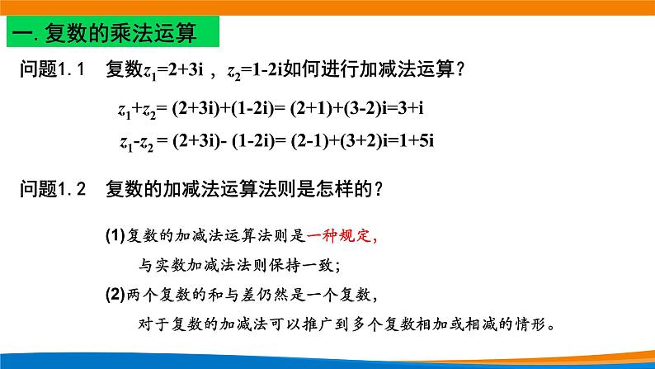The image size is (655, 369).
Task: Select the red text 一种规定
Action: (341, 238)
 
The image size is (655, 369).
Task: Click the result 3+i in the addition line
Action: (421, 107)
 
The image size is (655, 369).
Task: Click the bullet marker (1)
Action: (115, 238)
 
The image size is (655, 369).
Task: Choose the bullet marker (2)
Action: (115, 294)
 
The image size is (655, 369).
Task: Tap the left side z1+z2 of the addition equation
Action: (136, 108)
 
